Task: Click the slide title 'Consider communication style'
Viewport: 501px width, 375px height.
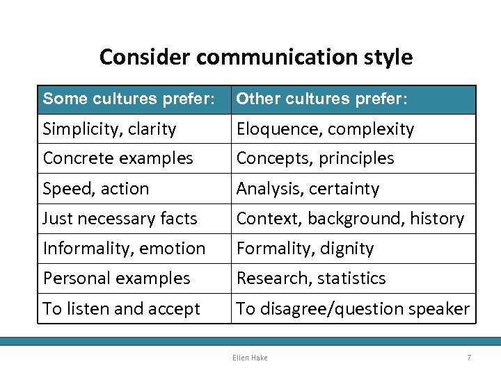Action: point(255,57)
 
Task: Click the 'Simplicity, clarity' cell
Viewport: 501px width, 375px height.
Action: point(110,129)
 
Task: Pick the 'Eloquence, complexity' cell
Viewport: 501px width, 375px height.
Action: point(325,129)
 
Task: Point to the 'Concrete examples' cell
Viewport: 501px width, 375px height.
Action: point(118,158)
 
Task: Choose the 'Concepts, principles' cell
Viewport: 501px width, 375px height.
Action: point(315,158)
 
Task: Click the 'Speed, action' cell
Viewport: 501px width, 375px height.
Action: point(96,189)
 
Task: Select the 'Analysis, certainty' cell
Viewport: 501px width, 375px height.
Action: point(308,189)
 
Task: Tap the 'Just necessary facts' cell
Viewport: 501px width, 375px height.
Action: point(120,219)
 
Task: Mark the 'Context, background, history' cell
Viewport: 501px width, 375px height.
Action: point(350,219)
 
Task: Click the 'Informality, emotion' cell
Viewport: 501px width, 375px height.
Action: point(124,249)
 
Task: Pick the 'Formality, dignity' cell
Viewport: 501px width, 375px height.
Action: point(305,249)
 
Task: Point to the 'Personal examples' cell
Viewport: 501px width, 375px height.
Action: point(116,278)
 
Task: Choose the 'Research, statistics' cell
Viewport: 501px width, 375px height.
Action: point(311,278)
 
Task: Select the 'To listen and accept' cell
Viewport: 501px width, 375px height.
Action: point(122,309)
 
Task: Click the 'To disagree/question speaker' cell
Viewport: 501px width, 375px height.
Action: point(353,309)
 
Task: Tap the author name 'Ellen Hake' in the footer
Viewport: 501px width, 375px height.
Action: point(250,358)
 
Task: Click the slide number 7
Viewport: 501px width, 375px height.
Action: point(469,358)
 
